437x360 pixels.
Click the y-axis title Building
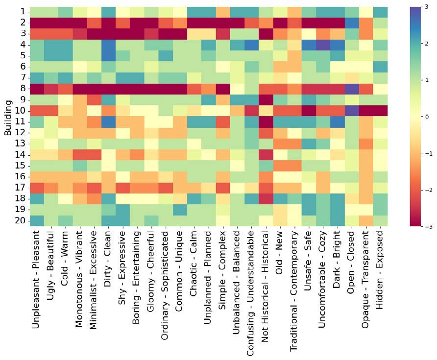click(8, 117)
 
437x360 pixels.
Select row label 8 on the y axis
click(23, 89)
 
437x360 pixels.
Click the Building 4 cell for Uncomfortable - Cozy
click(322, 44)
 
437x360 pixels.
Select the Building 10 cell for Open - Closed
click(351, 110)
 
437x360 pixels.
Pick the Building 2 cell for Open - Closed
click(351, 22)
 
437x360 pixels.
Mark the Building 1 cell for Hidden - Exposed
click(380, 11)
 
